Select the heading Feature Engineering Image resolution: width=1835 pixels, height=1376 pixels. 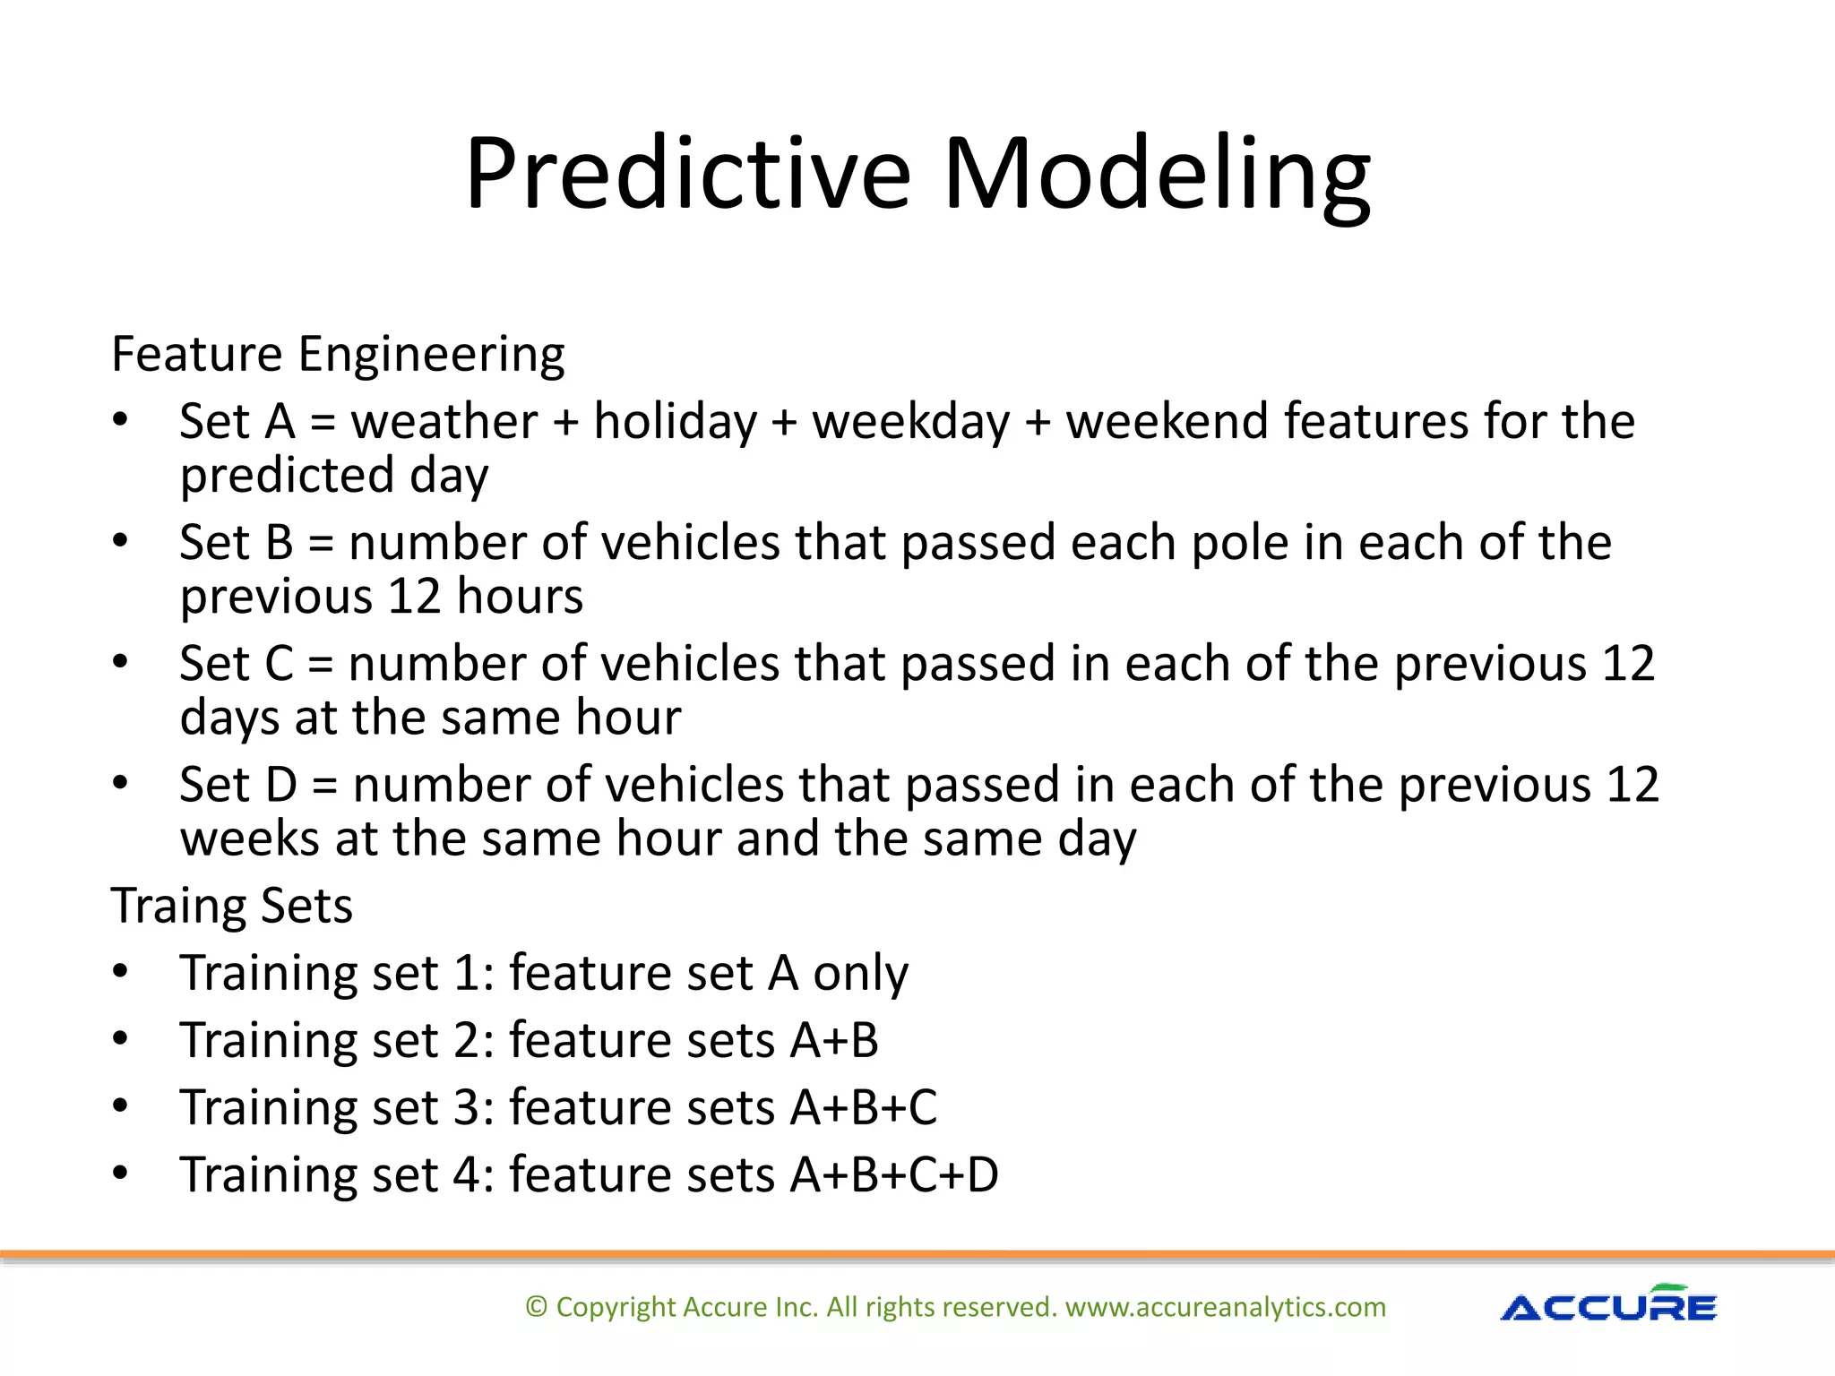[x=338, y=354]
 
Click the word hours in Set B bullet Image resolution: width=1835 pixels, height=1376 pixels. [x=520, y=597]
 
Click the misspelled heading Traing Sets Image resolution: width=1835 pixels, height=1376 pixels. [x=232, y=906]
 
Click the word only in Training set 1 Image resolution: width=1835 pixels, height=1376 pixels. [x=860, y=974]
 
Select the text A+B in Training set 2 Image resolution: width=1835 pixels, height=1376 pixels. [x=834, y=1041]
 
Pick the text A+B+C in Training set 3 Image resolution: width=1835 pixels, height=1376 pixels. [x=864, y=1108]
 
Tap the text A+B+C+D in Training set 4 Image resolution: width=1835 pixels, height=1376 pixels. [x=894, y=1175]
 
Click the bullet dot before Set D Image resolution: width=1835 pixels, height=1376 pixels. [x=121, y=784]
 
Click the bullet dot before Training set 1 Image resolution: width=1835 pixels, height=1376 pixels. [x=121, y=972]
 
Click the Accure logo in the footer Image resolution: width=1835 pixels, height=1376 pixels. [x=1608, y=1305]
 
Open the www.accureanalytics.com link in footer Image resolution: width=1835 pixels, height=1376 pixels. [x=1225, y=1308]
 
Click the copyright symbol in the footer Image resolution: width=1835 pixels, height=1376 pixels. [x=536, y=1307]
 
